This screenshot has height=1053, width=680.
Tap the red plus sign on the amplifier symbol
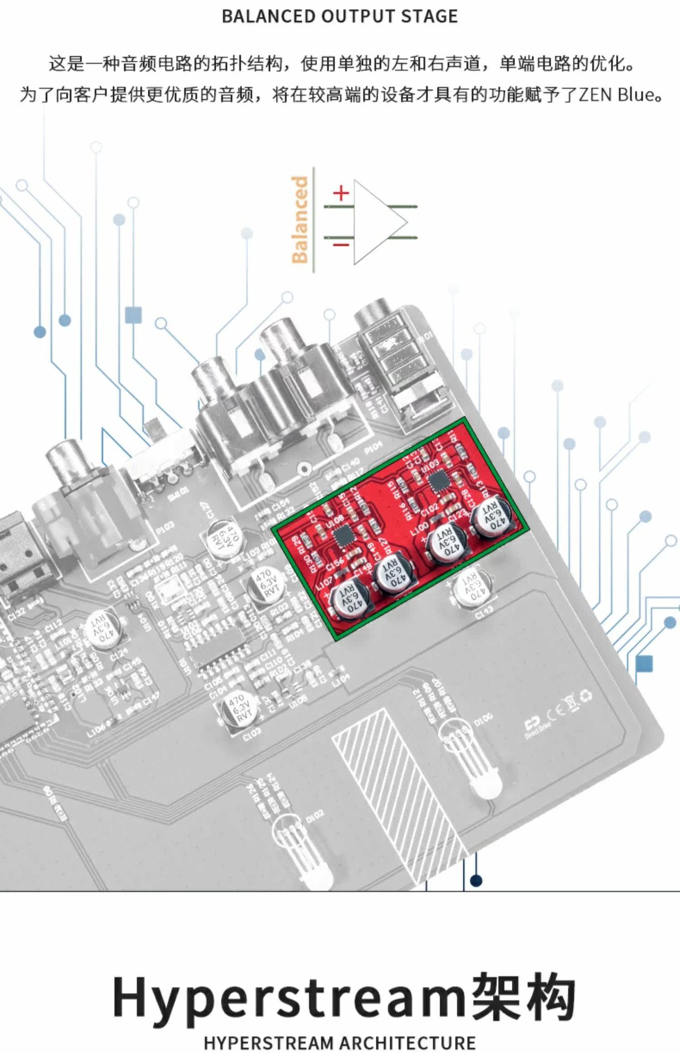341,194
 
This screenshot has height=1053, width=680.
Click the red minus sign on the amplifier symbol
341,245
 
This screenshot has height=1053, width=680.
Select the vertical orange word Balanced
300,220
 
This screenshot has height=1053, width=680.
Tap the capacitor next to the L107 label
349,601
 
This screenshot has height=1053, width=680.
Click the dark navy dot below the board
476,881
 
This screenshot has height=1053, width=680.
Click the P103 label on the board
165,529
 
